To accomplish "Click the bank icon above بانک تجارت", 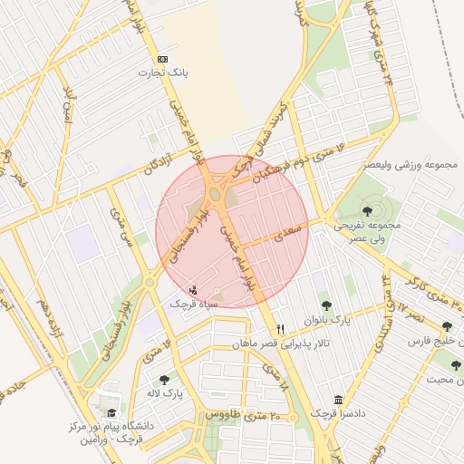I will (x=162, y=56).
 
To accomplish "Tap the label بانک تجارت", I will (x=162, y=71).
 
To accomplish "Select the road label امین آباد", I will (x=64, y=107).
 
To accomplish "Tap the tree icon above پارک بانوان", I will (x=326, y=305).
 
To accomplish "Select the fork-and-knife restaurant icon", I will (x=280, y=329).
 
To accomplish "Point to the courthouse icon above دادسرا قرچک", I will (x=338, y=400).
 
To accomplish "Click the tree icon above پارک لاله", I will (x=164, y=381).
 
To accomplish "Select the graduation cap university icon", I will (x=111, y=412).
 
